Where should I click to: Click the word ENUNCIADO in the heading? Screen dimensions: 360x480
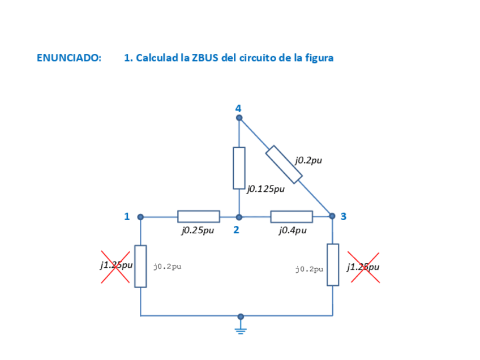point(69,58)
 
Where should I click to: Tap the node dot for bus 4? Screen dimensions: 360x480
point(239,118)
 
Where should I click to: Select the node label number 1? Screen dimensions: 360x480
point(127,216)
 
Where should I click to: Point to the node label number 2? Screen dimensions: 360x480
point(236,230)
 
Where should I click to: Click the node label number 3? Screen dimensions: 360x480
point(344,216)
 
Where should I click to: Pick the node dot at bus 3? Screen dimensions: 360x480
point(332,216)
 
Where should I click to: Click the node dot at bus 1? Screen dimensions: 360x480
point(140,217)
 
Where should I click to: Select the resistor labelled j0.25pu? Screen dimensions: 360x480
point(199,216)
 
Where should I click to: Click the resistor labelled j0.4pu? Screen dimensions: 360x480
point(292,216)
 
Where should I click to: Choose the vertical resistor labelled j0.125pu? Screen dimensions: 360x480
point(239,168)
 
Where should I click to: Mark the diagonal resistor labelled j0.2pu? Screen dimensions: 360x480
point(284,164)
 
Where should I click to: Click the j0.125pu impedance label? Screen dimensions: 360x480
point(265,189)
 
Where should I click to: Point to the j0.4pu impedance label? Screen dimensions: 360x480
point(293,230)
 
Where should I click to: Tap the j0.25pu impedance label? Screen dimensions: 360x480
point(198,230)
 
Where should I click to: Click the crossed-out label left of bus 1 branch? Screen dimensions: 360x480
point(116,265)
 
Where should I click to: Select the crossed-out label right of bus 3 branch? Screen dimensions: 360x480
point(363,267)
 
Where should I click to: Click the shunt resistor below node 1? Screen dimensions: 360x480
point(140,266)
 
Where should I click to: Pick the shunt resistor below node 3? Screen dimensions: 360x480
point(333,265)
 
